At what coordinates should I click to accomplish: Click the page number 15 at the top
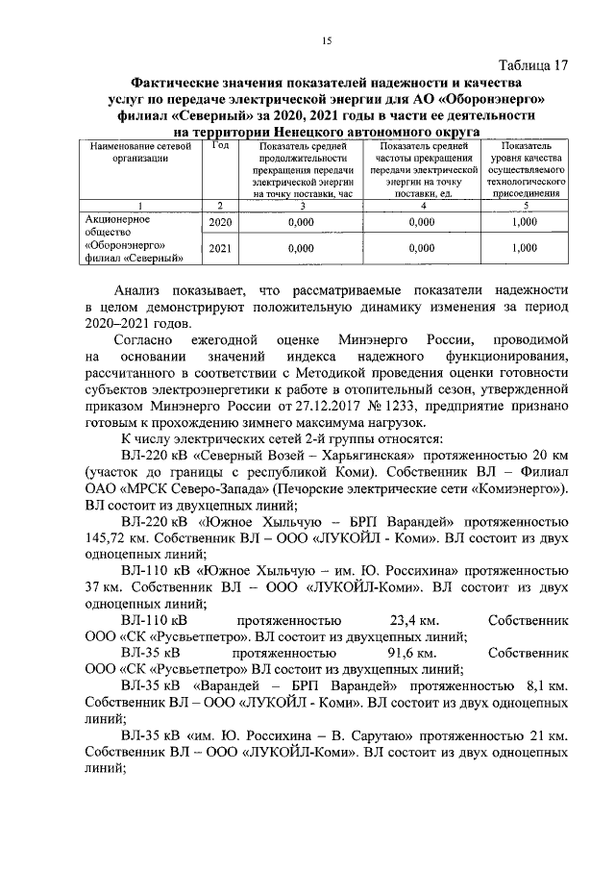326,39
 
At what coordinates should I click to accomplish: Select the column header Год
220,145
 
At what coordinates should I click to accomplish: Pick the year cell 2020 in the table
220,222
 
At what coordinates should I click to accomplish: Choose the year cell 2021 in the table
220,248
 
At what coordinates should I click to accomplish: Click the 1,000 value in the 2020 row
524,222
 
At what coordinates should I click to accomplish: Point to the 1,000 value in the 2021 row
524,248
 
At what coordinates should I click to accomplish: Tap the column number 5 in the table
524,205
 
